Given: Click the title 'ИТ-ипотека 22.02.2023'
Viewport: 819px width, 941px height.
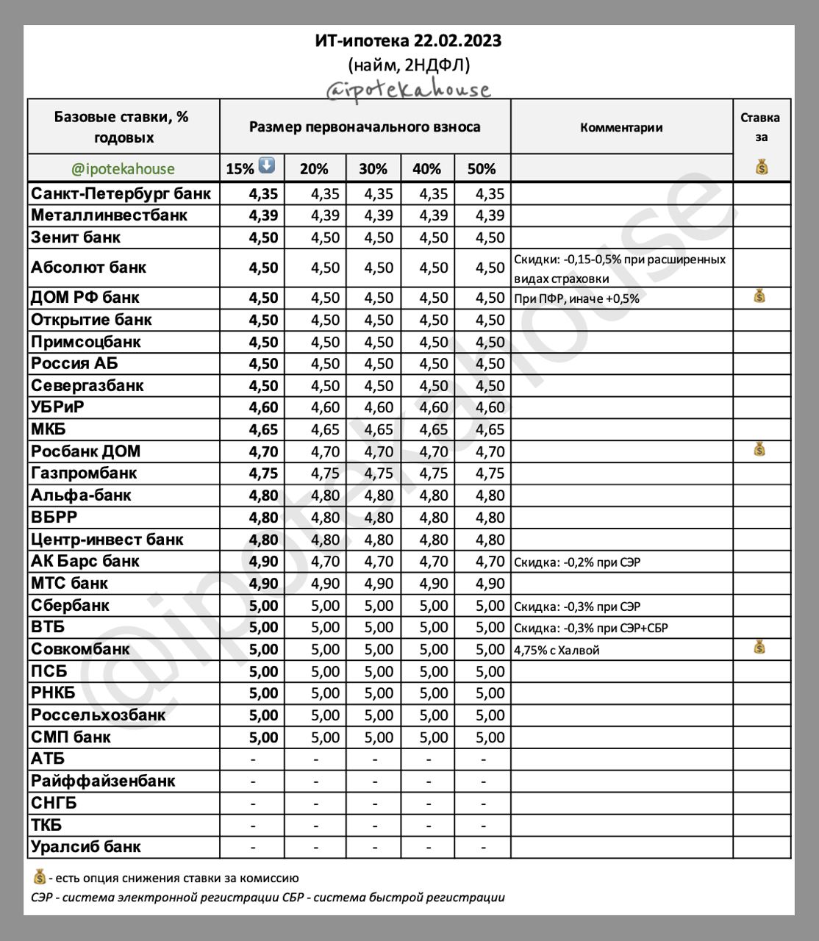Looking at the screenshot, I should pos(408,40).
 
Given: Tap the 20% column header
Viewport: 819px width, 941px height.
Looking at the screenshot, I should pos(314,169).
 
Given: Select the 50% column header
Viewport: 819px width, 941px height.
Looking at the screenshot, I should pos(482,169).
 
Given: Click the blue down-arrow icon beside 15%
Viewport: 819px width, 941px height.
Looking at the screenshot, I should pos(267,166).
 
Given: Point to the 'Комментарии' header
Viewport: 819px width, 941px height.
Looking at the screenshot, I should pos(621,127).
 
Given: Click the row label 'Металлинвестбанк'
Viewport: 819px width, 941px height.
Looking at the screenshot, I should pos(109,215).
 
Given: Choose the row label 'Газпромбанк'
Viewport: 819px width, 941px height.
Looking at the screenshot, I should pos(84,473).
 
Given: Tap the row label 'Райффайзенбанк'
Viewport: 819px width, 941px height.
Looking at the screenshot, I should pos(103,781).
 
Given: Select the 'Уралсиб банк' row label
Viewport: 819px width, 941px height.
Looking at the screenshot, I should pos(86,847).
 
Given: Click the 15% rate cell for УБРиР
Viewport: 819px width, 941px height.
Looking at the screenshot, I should pos(263,407).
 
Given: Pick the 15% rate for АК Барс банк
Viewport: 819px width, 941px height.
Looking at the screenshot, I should pos(263,562).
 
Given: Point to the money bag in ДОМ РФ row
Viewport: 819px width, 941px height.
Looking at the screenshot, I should pos(759,297).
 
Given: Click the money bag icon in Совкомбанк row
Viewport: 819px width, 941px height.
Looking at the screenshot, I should pos(759,648).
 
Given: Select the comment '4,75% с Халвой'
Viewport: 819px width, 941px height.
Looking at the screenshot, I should pos(557,650).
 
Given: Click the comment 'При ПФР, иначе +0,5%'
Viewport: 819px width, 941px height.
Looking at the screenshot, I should pos(576,298).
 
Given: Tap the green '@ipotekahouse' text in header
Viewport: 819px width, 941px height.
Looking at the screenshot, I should pos(124,169).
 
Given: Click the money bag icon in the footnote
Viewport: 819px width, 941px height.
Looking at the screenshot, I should pos(40,877).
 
